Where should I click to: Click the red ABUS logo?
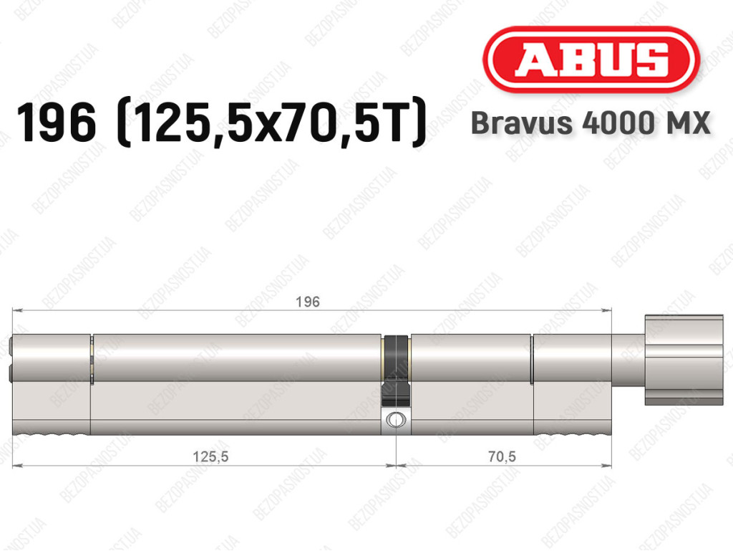pyautogui.click(x=591, y=59)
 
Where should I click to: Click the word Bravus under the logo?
pyautogui.click(x=521, y=123)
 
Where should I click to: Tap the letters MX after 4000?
pyautogui.click(x=687, y=123)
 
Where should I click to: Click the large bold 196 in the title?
pyautogui.click(x=57, y=123)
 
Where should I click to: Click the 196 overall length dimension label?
pyautogui.click(x=308, y=302)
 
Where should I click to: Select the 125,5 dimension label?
pyautogui.click(x=211, y=456)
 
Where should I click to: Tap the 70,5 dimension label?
pyautogui.click(x=502, y=456)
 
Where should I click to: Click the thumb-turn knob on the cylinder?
pyautogui.click(x=684, y=360)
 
